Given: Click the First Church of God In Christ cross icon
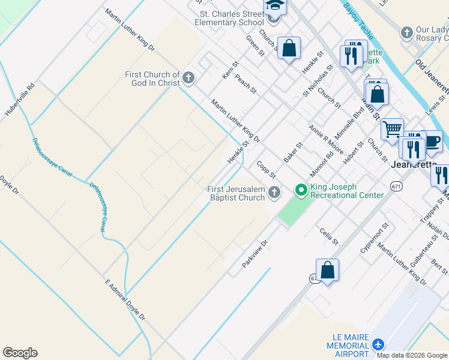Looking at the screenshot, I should tap(188, 77).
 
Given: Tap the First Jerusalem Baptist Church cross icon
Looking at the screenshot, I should tap(274, 193).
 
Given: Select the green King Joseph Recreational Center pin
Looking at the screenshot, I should tap(301, 191).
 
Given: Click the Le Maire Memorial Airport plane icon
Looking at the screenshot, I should tap(378, 344).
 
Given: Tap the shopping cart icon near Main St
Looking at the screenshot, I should tap(392, 128).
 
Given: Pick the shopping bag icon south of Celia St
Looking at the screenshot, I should tap(327, 269).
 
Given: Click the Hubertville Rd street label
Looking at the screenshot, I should tap(20, 100).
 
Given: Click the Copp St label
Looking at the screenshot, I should tap(265, 169).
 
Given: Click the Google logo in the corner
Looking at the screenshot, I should tap(20, 353).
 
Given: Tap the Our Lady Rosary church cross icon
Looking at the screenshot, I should tap(406, 31).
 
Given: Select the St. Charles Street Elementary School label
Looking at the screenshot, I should tap(229, 17).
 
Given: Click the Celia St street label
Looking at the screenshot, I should tap(330, 236).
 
